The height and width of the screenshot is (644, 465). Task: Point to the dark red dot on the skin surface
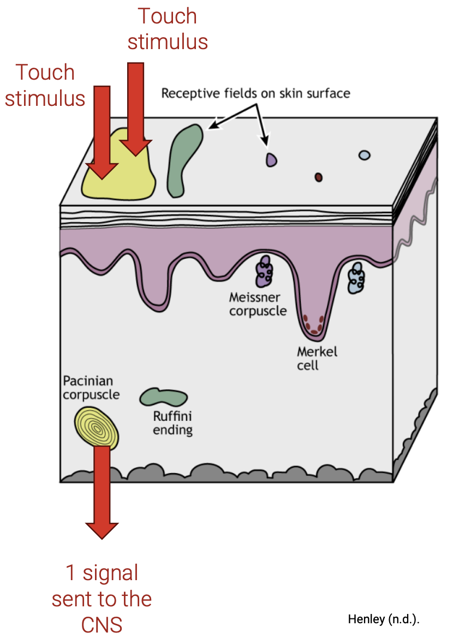click(318, 177)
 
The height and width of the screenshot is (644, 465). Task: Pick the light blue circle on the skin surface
click(364, 156)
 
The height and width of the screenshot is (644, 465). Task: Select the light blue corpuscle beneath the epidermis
click(357, 278)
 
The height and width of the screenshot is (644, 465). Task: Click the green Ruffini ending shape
click(163, 397)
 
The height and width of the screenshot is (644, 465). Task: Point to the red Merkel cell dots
click(314, 323)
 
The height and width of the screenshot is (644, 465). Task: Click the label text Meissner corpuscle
click(258, 305)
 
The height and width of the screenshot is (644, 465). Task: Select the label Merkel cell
click(317, 358)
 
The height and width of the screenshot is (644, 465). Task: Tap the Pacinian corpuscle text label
click(91, 386)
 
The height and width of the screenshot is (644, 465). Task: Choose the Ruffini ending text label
click(172, 424)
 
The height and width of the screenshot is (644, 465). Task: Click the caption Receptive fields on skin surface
click(255, 93)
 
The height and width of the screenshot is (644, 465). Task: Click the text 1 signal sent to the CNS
click(102, 599)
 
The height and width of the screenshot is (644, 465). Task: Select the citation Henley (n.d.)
click(384, 619)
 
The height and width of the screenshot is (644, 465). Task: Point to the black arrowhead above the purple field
click(267, 144)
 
